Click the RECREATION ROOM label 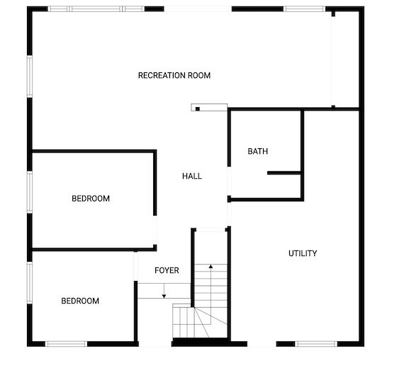point(174,75)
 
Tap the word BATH point(258,151)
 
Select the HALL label point(192,176)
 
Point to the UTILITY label point(303,253)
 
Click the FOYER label point(167,270)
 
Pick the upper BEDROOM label point(91,199)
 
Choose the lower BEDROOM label point(80,301)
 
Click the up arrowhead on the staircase point(211,266)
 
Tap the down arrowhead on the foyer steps point(164,296)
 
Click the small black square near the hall point(198,109)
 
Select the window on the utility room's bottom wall point(316,344)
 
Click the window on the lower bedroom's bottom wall point(66,344)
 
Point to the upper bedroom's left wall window point(30,192)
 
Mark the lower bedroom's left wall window point(30,282)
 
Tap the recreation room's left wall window point(30,76)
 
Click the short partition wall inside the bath point(284,173)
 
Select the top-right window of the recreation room point(304,9)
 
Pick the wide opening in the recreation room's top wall point(198,9)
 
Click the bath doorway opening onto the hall point(229,181)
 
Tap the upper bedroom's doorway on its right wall point(155,230)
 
